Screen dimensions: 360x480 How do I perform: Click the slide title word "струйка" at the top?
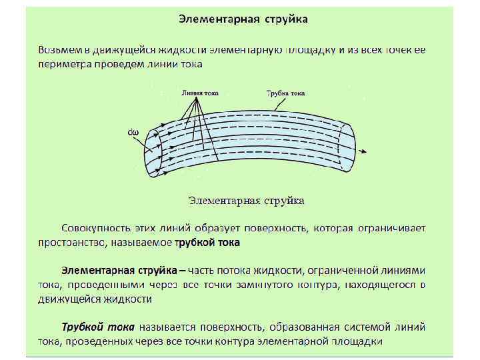(x=287, y=19)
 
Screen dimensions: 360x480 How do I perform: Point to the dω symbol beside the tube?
(x=133, y=132)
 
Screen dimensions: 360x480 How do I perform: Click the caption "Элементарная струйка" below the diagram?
(x=246, y=199)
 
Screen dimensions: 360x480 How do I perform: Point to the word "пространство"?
(x=70, y=243)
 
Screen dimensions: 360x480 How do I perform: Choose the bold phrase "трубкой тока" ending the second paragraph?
(x=207, y=243)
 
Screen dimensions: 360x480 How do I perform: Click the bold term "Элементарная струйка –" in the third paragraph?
(x=124, y=271)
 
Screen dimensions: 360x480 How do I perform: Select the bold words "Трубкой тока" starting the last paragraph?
(x=97, y=327)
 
